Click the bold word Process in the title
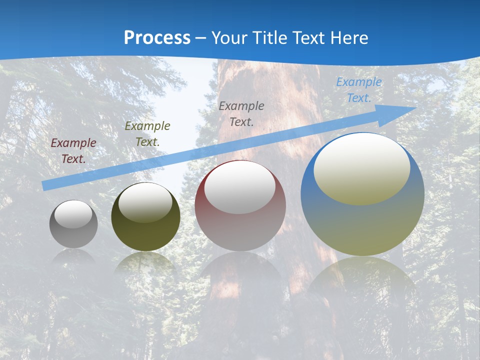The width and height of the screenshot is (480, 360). pos(157,38)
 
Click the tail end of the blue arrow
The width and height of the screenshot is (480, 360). pos(45,185)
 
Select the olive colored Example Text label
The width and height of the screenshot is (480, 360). pos(147,134)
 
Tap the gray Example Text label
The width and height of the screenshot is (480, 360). pos(241,113)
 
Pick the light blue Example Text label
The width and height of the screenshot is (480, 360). pos(358,90)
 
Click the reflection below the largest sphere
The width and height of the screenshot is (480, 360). pos(362,280)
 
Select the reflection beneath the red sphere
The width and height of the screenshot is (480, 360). pos(240,270)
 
